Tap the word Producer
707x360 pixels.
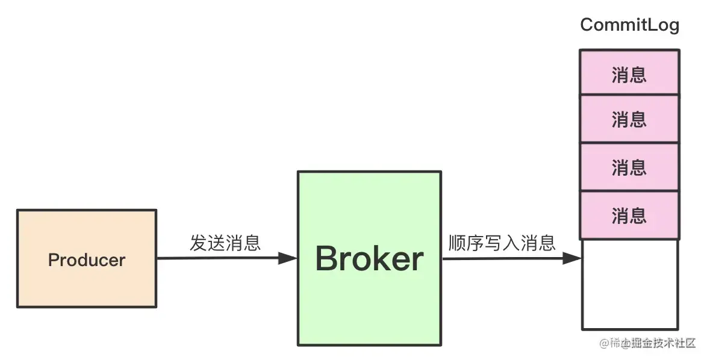[87, 260]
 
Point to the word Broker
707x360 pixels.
[369, 259]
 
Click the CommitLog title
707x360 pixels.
[629, 25]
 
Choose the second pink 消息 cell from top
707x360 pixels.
[629, 119]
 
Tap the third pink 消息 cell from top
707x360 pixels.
[629, 167]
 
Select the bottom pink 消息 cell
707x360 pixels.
[629, 216]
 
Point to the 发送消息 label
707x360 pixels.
[225, 243]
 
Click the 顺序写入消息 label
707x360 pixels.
[502, 243]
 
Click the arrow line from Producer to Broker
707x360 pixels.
[217, 258]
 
